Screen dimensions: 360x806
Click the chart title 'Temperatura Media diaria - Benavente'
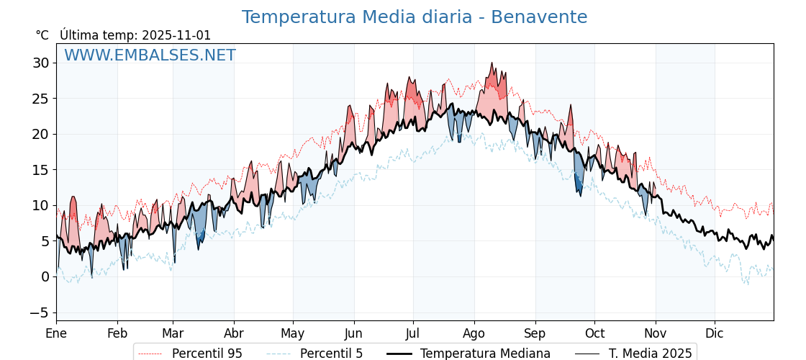[x=414, y=17]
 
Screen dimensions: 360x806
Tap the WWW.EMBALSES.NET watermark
[x=150, y=55]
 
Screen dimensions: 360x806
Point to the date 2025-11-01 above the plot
[x=176, y=35]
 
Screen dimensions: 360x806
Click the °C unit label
[x=42, y=35]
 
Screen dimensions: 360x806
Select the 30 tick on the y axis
[x=40, y=63]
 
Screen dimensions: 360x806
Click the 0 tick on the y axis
[x=45, y=276]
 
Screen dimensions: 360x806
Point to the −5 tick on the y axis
[x=40, y=312]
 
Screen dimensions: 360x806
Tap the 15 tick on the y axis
[x=40, y=170]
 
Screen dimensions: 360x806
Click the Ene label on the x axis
[x=56, y=333]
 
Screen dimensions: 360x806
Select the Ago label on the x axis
[x=474, y=333]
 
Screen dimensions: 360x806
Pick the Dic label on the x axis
[x=715, y=333]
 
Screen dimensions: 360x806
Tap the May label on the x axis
[x=293, y=333]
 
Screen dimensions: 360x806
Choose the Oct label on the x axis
[x=594, y=333]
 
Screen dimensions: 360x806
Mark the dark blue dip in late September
[x=579, y=186]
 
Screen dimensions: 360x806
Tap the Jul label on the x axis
[x=412, y=333]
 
